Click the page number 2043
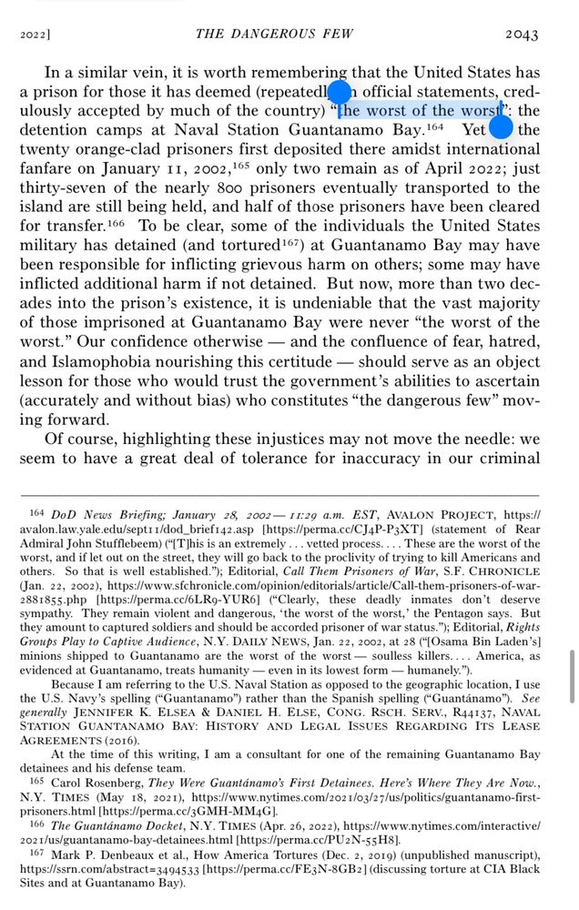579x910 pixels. pyautogui.click(x=522, y=34)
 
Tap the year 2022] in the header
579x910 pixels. pyautogui.click(x=34, y=35)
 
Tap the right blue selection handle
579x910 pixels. pyautogui.click(x=501, y=126)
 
